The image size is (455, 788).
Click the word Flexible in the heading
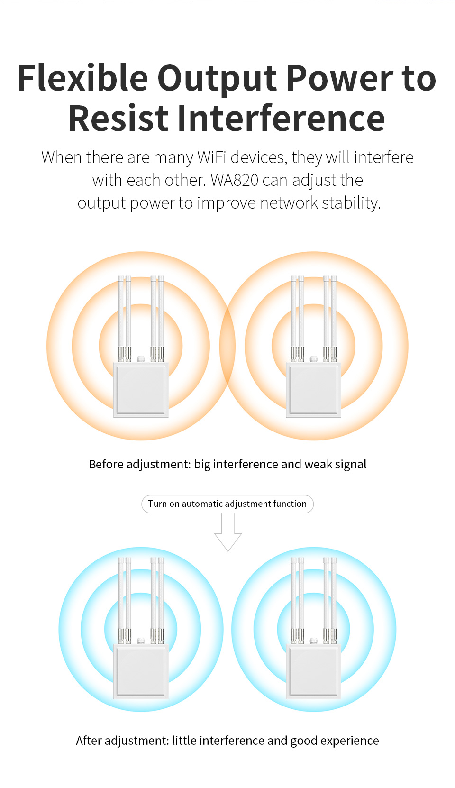coord(83,78)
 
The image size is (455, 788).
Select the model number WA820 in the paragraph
coord(235,180)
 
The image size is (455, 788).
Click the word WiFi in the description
coord(212,157)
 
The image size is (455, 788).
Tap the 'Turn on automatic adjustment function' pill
coord(227,504)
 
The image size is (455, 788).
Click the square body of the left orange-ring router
coord(141,390)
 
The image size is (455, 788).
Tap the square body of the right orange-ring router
coord(314,390)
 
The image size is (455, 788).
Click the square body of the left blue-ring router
coord(141,671)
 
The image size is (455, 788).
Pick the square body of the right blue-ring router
coord(314,671)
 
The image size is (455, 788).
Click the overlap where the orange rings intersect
coord(227,346)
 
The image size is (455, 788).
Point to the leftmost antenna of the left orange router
coord(120,319)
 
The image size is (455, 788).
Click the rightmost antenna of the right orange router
coord(334,319)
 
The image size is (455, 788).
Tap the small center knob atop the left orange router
coord(141,359)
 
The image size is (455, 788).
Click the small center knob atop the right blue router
coord(314,641)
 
